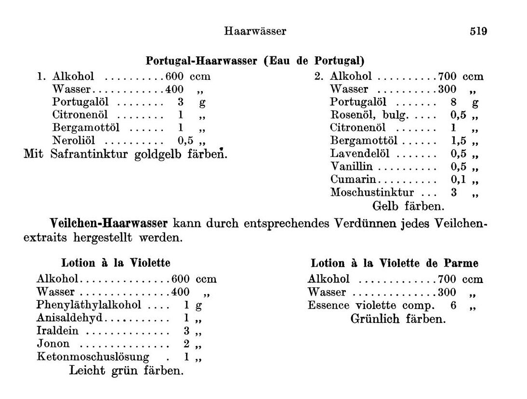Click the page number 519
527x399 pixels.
pyautogui.click(x=478, y=32)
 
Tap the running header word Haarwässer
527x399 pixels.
pyautogui.click(x=255, y=32)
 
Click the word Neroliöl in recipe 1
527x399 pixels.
pyautogui.click(x=74, y=141)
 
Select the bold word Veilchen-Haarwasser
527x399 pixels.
pyautogui.click(x=109, y=223)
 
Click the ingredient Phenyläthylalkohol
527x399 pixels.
pyautogui.click(x=89, y=305)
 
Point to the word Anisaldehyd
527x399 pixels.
pyautogui.click(x=70, y=318)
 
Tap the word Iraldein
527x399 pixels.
pyautogui.click(x=57, y=331)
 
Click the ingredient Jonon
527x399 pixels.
pyautogui.click(x=53, y=344)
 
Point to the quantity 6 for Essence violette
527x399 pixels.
pyautogui.click(x=453, y=306)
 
